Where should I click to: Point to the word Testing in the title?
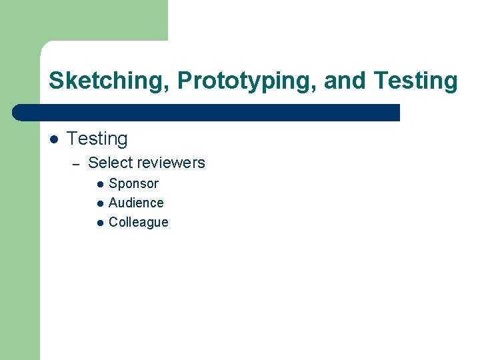tap(416, 81)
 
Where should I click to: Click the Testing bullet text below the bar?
tap(97, 139)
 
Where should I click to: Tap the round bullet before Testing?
tap(53, 139)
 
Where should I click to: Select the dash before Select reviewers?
tap(76, 164)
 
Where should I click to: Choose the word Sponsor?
tap(133, 183)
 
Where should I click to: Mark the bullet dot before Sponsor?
tap(99, 184)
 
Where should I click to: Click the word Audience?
tap(136, 203)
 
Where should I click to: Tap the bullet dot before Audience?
tap(99, 203)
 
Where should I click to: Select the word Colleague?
tap(138, 222)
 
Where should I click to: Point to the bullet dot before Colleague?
tap(99, 223)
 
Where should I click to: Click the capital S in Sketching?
tap(55, 81)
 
